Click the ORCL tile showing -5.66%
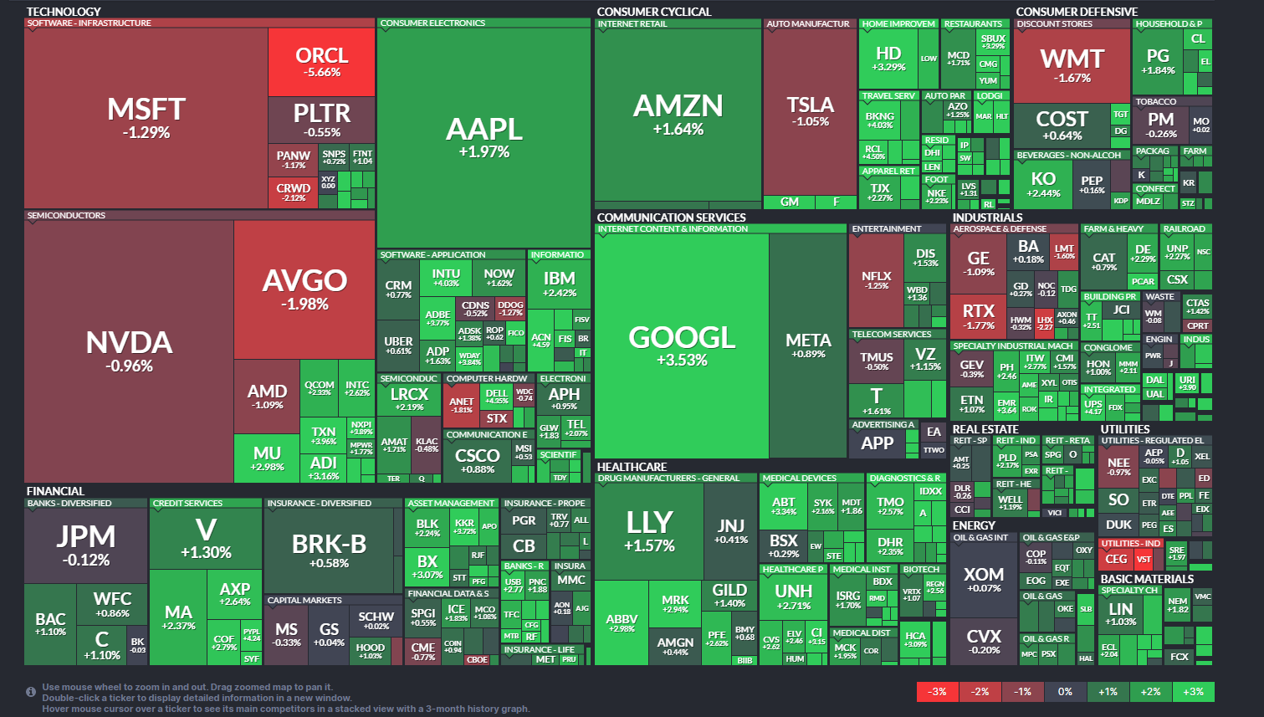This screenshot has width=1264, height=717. (x=321, y=63)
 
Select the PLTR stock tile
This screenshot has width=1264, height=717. (x=321, y=120)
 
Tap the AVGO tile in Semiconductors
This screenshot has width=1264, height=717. (x=304, y=289)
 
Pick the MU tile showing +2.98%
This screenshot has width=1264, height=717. (x=267, y=458)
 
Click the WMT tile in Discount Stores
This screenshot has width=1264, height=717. (x=1072, y=65)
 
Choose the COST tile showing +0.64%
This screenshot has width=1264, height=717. (x=1062, y=125)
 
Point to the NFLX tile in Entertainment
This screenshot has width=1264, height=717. (x=876, y=280)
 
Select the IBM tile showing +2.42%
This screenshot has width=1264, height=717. (x=559, y=284)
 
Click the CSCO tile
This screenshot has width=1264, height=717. (x=477, y=460)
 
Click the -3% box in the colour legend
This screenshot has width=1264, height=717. (x=938, y=692)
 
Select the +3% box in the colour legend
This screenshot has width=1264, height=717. (x=1193, y=692)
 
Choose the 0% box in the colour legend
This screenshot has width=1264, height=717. (x=1065, y=692)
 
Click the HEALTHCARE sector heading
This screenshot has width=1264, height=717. (x=632, y=467)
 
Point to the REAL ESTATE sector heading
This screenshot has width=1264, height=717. (x=985, y=429)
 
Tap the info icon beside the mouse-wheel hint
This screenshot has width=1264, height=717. (x=31, y=692)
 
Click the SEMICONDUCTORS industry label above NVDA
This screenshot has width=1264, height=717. (x=66, y=216)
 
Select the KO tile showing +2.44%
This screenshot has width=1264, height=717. (x=1042, y=183)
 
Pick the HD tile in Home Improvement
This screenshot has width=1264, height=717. (x=888, y=59)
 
